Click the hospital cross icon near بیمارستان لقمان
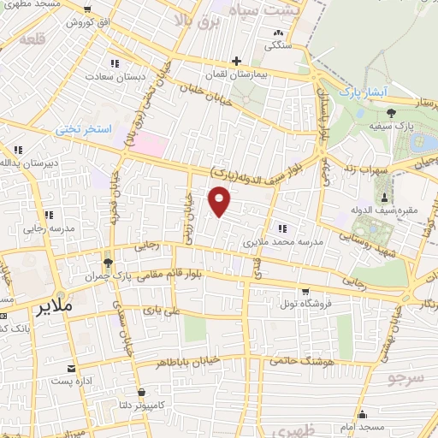point(236,61)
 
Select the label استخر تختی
point(84,129)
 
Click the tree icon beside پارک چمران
point(107,263)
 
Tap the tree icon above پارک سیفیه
point(391,112)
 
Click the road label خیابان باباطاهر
point(189,362)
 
